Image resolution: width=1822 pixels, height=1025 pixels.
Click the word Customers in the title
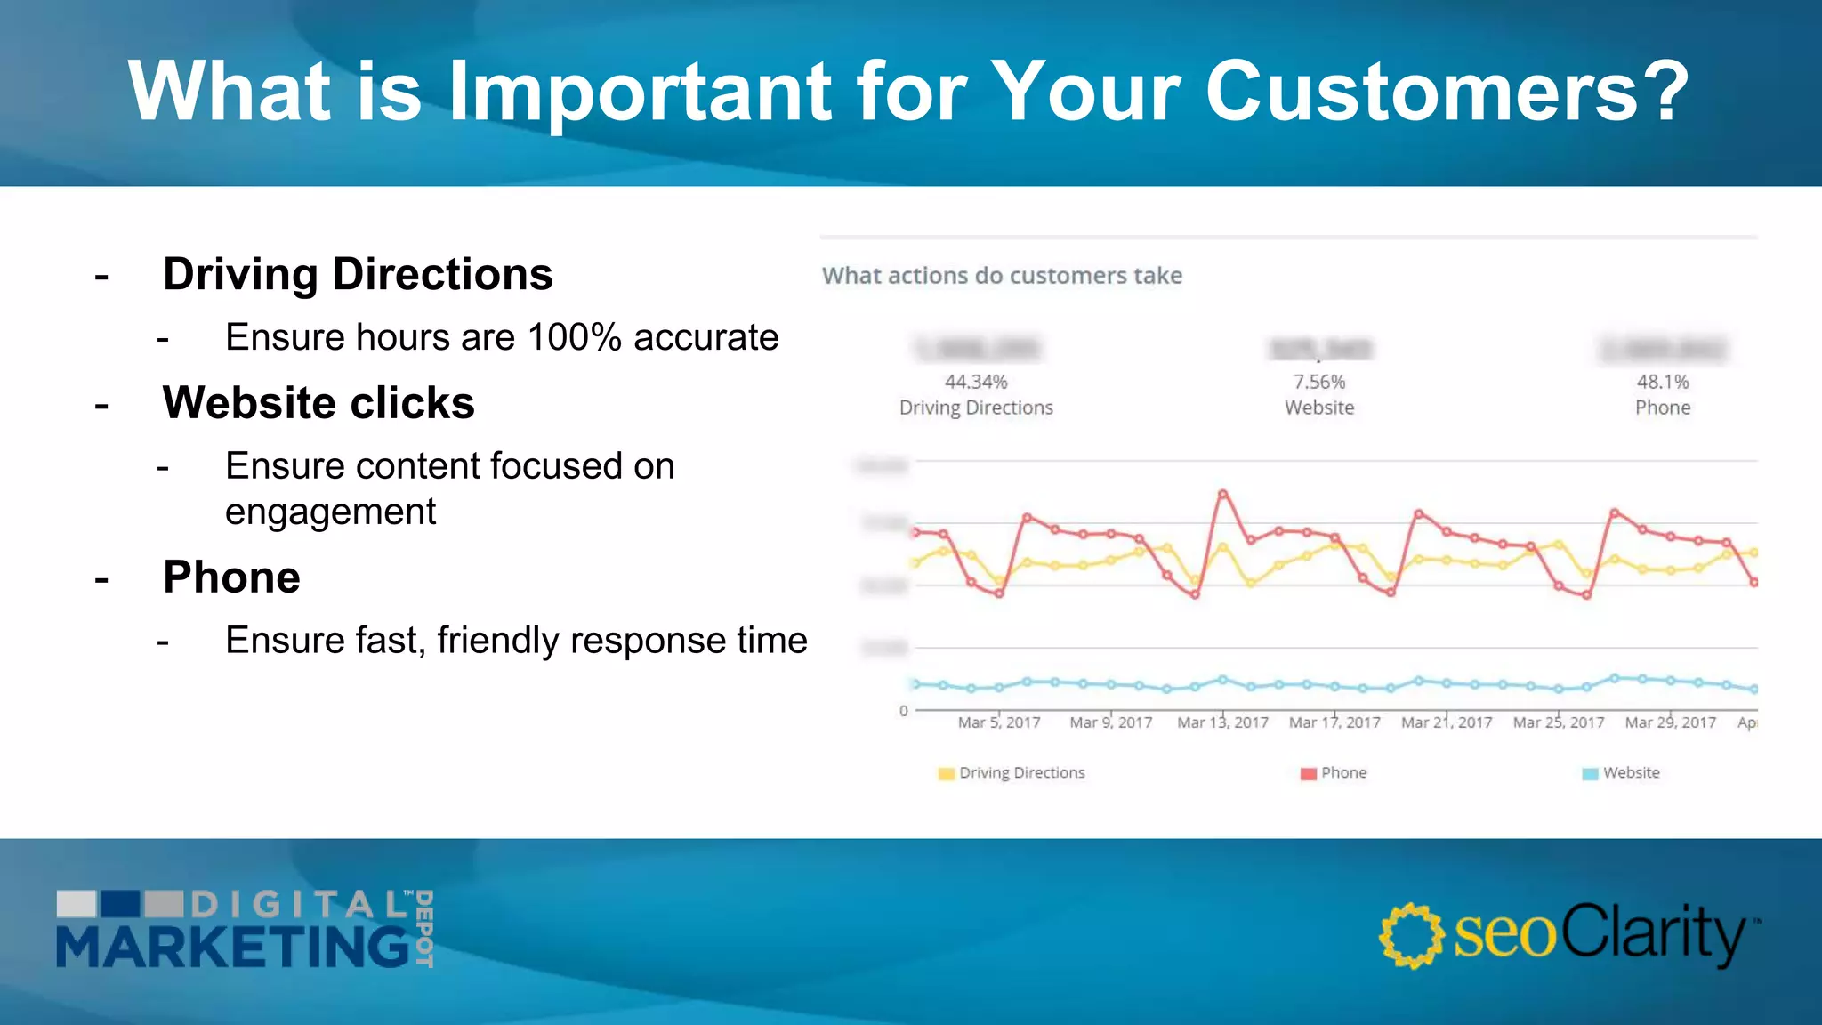coord(1446,91)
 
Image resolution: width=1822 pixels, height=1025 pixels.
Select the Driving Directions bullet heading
coord(358,274)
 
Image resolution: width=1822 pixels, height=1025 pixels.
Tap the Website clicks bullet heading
coord(318,403)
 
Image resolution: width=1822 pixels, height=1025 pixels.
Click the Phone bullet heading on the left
coord(231,577)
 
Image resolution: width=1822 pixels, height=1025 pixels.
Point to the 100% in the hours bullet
coord(574,338)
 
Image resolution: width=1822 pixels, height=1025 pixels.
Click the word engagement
coord(330,512)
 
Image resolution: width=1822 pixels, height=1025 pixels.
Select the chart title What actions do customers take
coord(1002,276)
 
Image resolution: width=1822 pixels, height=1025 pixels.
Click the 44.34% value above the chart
coord(976,382)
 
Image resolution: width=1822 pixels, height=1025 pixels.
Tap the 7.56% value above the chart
coord(1319,382)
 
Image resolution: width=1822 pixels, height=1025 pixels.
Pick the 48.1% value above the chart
coord(1662,382)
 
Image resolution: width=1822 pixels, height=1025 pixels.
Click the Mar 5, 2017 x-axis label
coord(999,722)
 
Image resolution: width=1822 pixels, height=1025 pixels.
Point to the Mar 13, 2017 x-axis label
coord(1222,722)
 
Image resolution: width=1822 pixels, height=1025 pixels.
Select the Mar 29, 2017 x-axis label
coord(1670,722)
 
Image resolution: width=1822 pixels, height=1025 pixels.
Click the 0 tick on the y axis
coord(903,711)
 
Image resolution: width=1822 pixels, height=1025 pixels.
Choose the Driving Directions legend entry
coord(1012,772)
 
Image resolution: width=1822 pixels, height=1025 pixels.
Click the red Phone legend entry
coord(1334,772)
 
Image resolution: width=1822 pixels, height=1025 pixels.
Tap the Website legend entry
coord(1621,772)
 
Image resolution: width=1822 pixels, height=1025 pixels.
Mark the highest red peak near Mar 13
coord(1223,493)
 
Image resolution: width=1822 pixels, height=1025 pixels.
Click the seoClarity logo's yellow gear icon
coord(1411,935)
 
